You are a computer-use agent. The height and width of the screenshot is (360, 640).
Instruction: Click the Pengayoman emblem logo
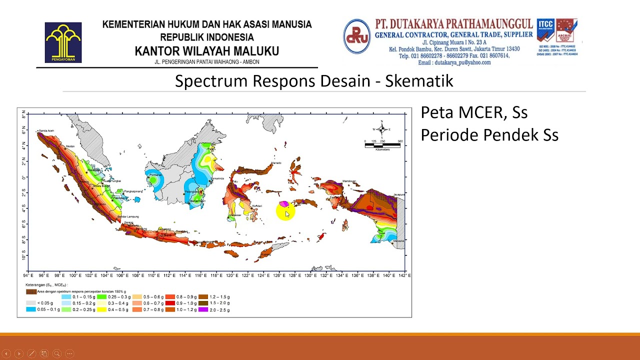(63, 42)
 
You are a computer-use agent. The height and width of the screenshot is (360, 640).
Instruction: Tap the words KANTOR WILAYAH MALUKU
(206, 51)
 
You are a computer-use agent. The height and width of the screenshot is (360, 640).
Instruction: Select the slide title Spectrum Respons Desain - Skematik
(314, 81)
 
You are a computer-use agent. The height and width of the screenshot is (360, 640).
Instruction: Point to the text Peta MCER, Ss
(474, 112)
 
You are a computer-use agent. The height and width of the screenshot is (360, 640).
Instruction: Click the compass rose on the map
(382, 129)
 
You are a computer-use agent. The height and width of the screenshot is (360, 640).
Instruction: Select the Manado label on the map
(276, 163)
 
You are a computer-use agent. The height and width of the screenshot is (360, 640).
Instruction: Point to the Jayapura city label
(398, 193)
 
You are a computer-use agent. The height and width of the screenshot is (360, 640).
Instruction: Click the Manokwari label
(349, 181)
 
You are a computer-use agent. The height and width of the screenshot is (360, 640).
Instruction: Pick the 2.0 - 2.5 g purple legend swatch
(202, 310)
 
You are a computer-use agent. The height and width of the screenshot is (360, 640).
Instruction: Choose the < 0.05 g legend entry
(31, 303)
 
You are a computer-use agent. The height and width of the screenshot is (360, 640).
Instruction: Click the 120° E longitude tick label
(231, 275)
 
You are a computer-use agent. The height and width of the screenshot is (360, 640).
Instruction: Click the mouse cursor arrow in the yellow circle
(287, 214)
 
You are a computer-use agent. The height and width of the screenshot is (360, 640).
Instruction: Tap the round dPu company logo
(356, 36)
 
